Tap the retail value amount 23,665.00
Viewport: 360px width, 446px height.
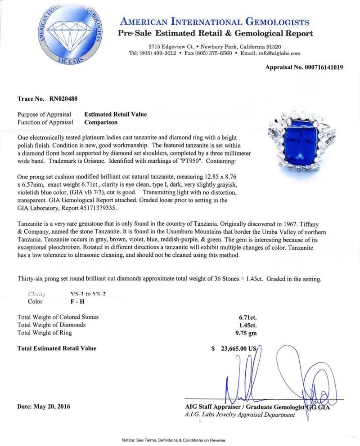click(x=232, y=348)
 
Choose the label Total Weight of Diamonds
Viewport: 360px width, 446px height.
click(x=51, y=325)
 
